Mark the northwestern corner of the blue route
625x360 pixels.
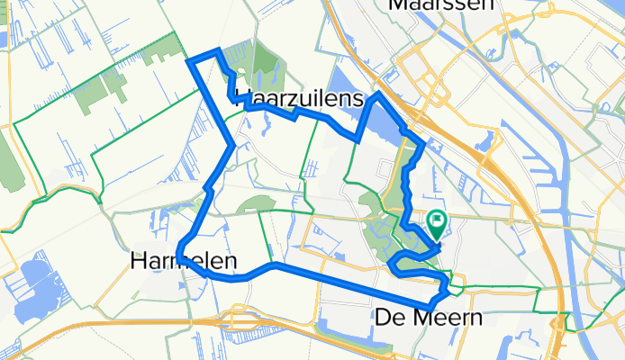[x=189, y=60]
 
